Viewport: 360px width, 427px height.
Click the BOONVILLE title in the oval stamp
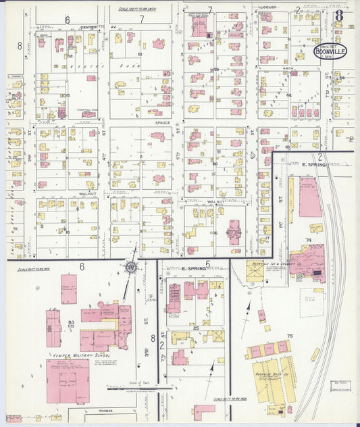(x=330, y=51)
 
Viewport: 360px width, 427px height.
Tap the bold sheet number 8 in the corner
(x=338, y=14)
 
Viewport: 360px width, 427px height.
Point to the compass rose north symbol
(x=129, y=267)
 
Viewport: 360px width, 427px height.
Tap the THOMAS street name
(x=104, y=410)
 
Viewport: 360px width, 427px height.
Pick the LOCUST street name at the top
(x=267, y=7)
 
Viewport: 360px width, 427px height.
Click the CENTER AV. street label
(x=88, y=27)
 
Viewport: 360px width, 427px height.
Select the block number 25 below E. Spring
(x=195, y=328)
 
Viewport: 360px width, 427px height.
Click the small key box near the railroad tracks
(x=341, y=385)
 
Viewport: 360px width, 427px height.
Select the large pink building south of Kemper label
(x=68, y=380)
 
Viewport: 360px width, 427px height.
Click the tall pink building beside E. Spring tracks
(x=310, y=197)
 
